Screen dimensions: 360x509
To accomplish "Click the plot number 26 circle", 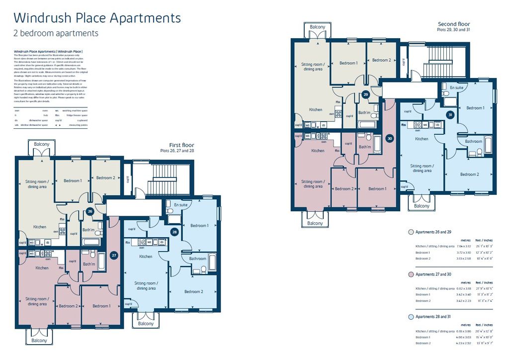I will point(89,211).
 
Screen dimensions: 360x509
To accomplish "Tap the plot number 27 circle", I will point(114,255).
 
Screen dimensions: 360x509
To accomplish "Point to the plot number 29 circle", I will point(366,94).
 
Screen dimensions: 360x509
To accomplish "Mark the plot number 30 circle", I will point(390,139).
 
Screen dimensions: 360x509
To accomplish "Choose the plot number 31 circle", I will point(450,115).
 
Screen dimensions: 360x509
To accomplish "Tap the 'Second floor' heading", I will point(453,24).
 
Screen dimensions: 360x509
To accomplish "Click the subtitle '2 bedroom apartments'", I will point(56,34).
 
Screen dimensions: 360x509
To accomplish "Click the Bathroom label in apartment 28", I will point(197,259).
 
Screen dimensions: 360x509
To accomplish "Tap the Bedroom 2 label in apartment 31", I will point(469,175).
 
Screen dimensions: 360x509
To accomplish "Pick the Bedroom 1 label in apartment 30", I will point(377,188).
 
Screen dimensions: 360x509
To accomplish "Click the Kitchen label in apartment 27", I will point(42,268).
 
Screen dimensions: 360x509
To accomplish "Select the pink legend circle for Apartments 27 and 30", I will point(411,274).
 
